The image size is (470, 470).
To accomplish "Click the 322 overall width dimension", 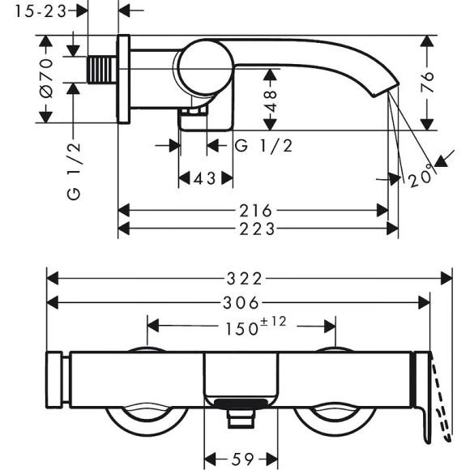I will (244, 279).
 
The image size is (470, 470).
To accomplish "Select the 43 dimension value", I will (205, 178).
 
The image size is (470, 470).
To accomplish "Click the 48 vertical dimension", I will (271, 100).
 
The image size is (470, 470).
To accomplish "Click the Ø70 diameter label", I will (46, 79).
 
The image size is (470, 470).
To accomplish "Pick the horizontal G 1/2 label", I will (263, 146).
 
